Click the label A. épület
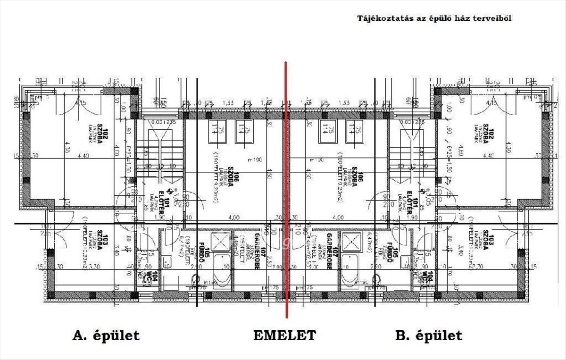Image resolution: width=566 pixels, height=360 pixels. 106,335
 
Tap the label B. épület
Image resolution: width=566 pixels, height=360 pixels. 428,335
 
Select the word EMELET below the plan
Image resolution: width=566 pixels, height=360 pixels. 284,335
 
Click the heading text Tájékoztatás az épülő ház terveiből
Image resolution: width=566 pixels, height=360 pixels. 434,18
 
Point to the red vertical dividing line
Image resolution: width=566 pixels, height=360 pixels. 285,189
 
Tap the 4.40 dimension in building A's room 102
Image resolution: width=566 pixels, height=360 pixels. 83,155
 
